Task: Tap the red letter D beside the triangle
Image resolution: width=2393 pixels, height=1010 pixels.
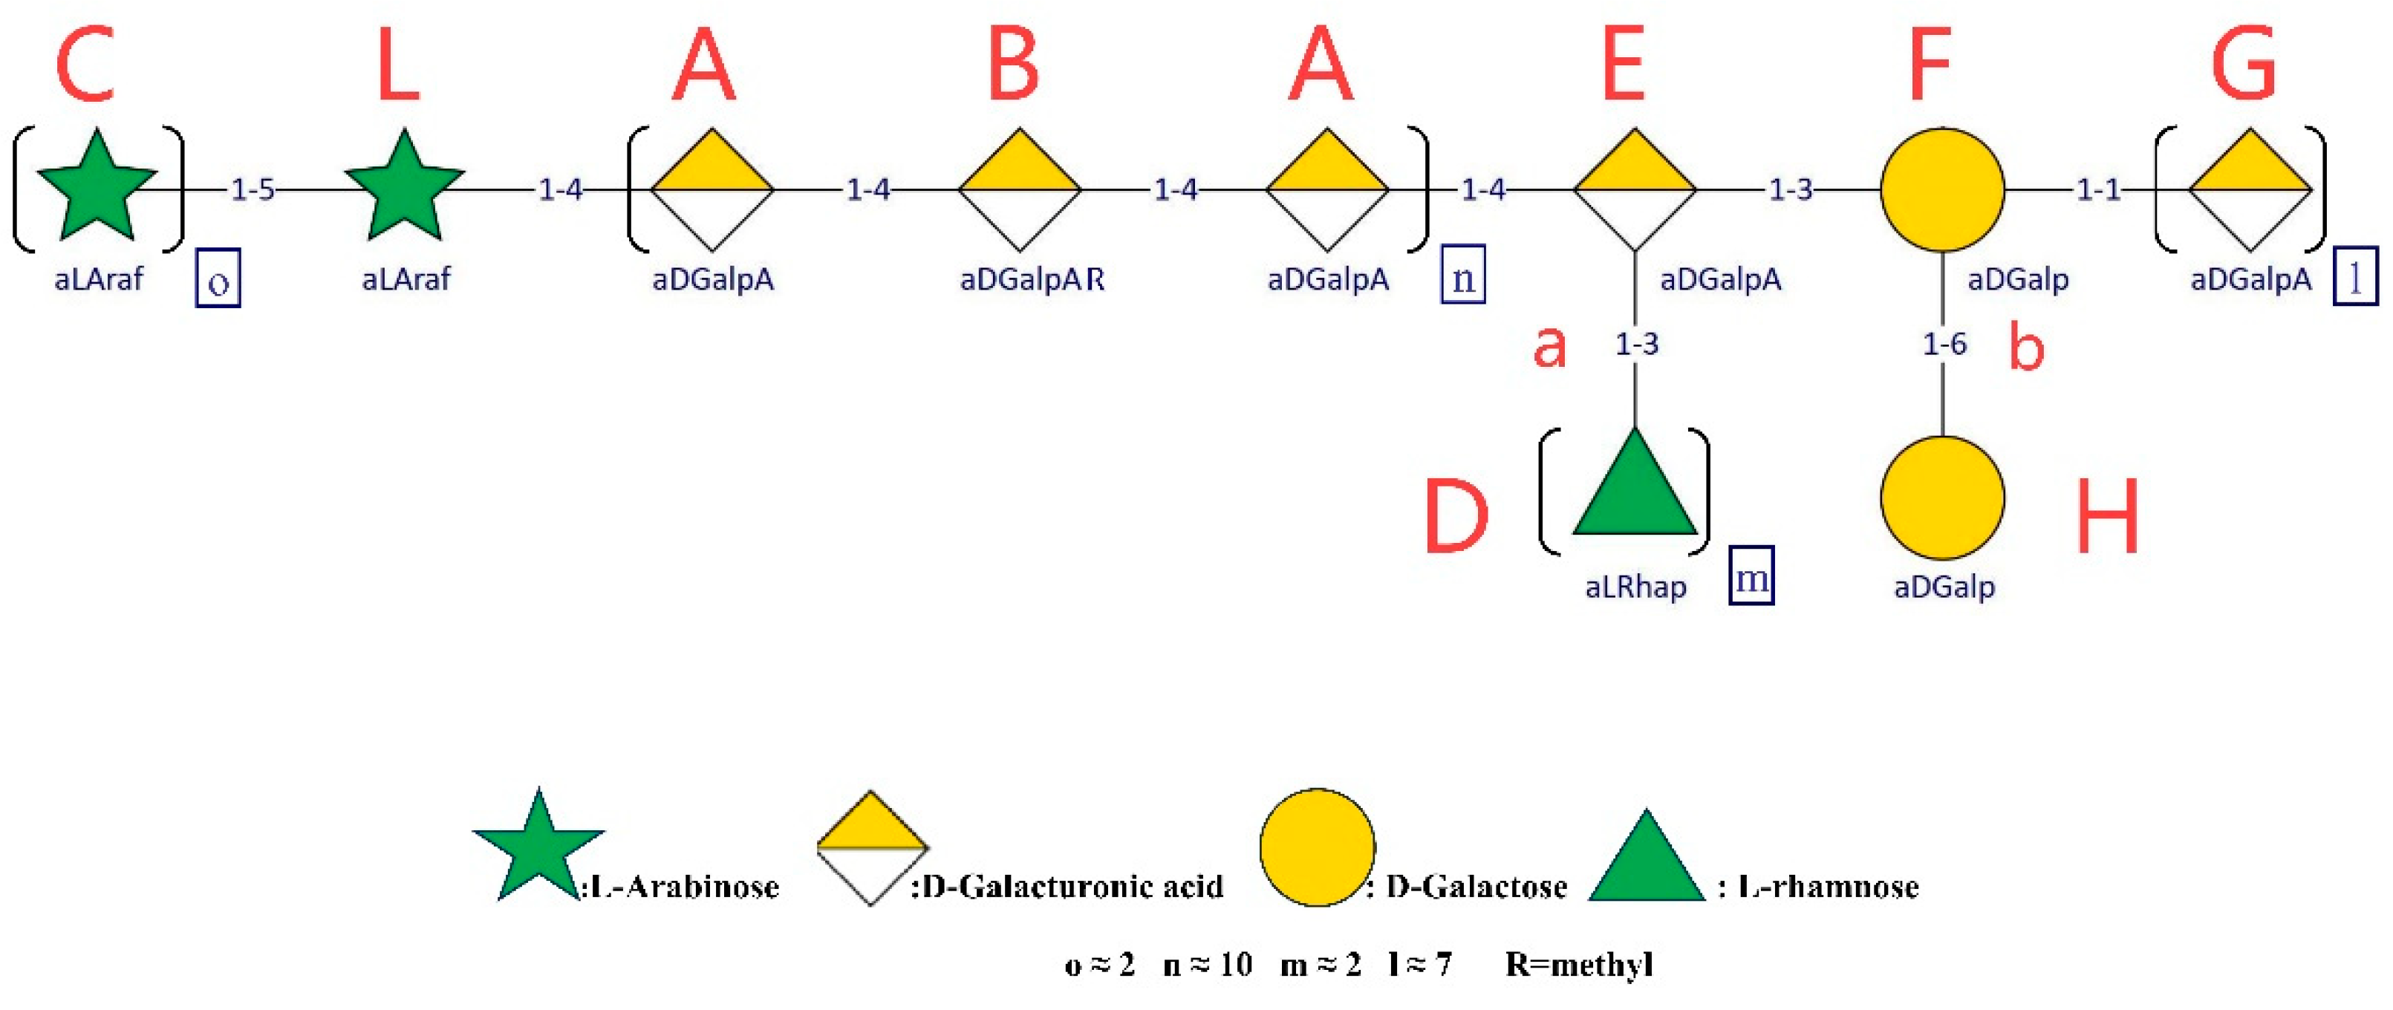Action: [x=1456, y=517]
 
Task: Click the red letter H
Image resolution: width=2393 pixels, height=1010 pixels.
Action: [x=2108, y=517]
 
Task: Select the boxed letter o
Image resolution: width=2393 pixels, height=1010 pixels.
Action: [x=218, y=278]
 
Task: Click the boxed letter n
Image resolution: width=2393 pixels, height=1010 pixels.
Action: [x=1463, y=275]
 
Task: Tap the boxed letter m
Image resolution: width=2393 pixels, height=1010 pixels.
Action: [x=1751, y=576]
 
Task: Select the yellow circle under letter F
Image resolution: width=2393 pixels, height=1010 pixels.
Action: [x=1942, y=189]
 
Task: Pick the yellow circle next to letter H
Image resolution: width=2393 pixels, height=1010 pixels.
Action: [x=1942, y=498]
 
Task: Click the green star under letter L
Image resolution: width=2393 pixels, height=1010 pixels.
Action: [x=404, y=186]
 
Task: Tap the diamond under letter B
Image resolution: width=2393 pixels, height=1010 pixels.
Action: [x=1020, y=189]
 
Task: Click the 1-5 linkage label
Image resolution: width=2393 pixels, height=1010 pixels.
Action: [x=253, y=189]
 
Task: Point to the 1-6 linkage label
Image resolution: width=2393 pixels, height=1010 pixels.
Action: [x=1944, y=345]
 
